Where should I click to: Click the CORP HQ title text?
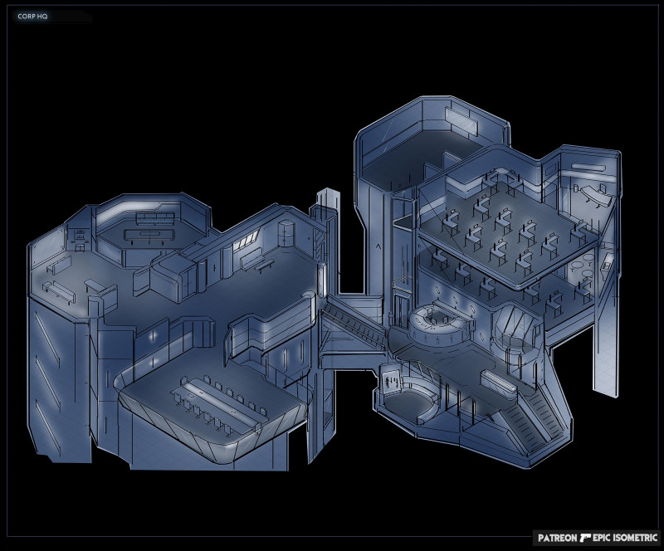[32, 16]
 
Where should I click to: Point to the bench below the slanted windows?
[259, 264]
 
